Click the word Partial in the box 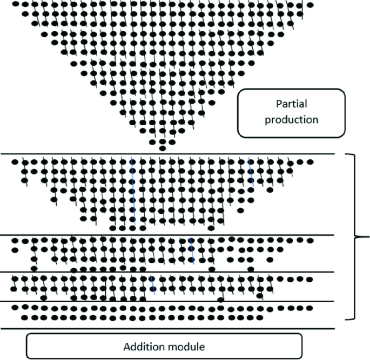pos(291,105)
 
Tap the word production pos(291,119)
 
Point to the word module pos(186,346)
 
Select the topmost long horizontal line pos(167,154)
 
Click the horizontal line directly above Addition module pos(167,328)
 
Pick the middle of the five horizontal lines pos(167,272)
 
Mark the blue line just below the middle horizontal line pos(153,285)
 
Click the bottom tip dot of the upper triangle pos(163,148)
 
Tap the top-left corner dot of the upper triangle pos(15,4)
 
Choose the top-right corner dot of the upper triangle pos(310,5)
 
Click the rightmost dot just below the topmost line pos(310,161)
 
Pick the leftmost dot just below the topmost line pos(15,161)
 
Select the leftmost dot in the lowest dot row pos(24,317)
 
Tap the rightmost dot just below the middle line pos(310,280)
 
